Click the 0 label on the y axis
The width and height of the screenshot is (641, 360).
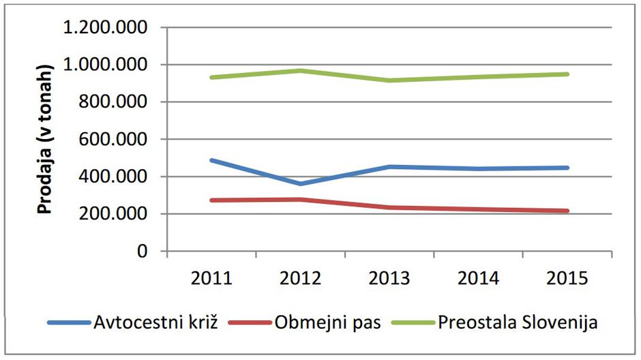point(141,252)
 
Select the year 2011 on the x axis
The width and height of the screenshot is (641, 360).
point(210,278)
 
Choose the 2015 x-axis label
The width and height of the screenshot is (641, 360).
point(567,278)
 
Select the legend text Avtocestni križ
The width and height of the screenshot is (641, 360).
point(154,322)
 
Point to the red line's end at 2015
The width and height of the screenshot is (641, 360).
point(567,211)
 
